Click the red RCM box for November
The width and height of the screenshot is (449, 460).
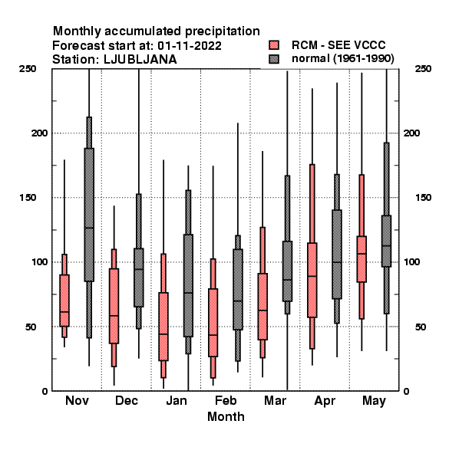coord(64,301)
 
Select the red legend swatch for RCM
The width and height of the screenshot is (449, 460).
coord(274,45)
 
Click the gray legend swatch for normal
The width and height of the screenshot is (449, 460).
coord(274,59)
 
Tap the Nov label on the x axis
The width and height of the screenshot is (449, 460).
coord(77,400)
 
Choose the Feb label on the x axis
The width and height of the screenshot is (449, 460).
coord(226,400)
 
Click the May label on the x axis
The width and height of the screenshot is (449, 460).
coord(374,401)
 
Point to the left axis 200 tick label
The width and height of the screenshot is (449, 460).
coord(40,133)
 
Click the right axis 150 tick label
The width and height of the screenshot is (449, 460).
coord(423,198)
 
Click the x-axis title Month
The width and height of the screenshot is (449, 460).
coord(226,416)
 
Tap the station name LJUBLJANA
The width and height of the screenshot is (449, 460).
coord(140,60)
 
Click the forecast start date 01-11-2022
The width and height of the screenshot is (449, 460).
coord(190,46)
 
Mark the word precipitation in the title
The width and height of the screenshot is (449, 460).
coord(223,31)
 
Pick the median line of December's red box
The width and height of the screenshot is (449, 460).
coord(114,316)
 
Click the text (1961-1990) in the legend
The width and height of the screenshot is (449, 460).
coord(364,59)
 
